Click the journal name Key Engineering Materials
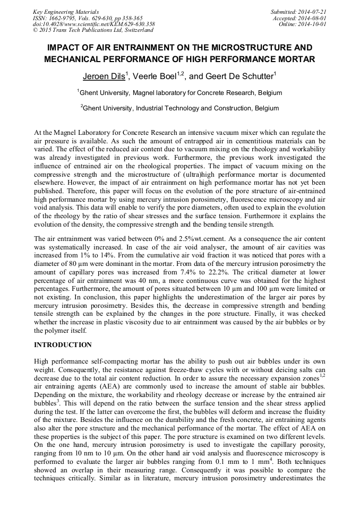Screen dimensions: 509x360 click(66, 12)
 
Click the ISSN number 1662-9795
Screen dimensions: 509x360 click(62, 18)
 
